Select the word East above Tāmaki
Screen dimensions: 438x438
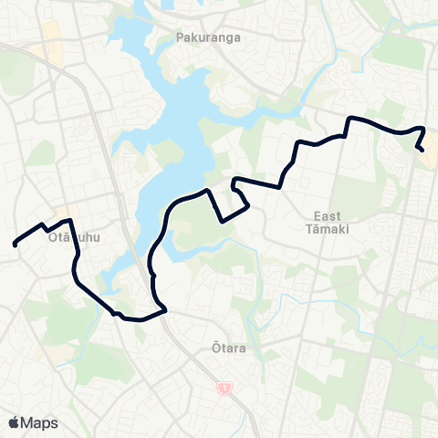327,216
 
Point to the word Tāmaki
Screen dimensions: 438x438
327,228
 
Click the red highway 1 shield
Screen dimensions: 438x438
224,389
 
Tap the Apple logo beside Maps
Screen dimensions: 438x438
14,422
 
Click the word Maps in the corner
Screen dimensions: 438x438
39,422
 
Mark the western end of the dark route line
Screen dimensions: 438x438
15,244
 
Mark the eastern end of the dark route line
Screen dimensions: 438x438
422,150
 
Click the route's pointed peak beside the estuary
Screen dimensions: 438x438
211,190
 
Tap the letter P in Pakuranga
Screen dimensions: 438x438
179,40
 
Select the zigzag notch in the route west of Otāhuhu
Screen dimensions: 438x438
43,224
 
